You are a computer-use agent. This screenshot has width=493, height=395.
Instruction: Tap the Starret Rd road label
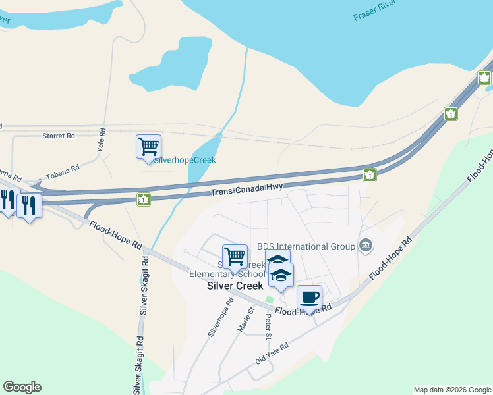59,136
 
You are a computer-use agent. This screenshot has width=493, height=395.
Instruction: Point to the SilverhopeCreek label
185,160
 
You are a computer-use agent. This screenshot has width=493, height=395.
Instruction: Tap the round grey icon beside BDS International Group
366,246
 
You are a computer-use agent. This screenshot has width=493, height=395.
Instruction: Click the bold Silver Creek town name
235,286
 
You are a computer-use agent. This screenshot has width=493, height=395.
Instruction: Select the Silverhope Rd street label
221,317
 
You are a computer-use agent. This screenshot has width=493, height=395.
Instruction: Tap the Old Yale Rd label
272,354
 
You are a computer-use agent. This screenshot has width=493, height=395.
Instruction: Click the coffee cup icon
308,296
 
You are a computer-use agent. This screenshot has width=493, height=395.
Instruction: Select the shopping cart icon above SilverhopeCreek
148,145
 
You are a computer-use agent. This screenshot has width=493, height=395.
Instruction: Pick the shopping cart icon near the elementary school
235,255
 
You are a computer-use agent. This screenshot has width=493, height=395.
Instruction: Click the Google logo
22,387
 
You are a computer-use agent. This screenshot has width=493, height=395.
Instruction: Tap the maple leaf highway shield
484,78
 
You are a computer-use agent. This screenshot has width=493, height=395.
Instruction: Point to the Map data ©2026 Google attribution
452,390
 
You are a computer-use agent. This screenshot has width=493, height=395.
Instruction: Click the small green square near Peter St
269,300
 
